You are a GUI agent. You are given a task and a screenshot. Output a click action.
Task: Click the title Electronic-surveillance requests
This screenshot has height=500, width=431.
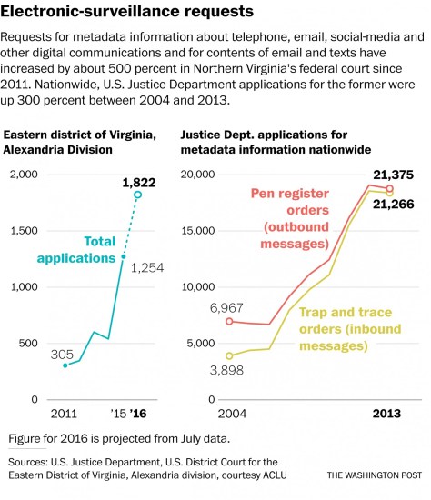(x=126, y=13)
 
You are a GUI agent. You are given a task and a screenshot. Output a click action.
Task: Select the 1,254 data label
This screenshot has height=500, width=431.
(x=147, y=267)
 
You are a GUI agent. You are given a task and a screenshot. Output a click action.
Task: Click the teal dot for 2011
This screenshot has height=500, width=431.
(x=65, y=365)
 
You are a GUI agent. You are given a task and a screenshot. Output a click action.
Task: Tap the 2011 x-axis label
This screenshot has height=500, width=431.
(x=65, y=415)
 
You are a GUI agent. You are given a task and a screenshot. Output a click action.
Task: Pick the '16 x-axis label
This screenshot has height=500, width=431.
(x=137, y=415)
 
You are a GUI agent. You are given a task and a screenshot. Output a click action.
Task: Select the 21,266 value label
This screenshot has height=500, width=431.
(x=393, y=205)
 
